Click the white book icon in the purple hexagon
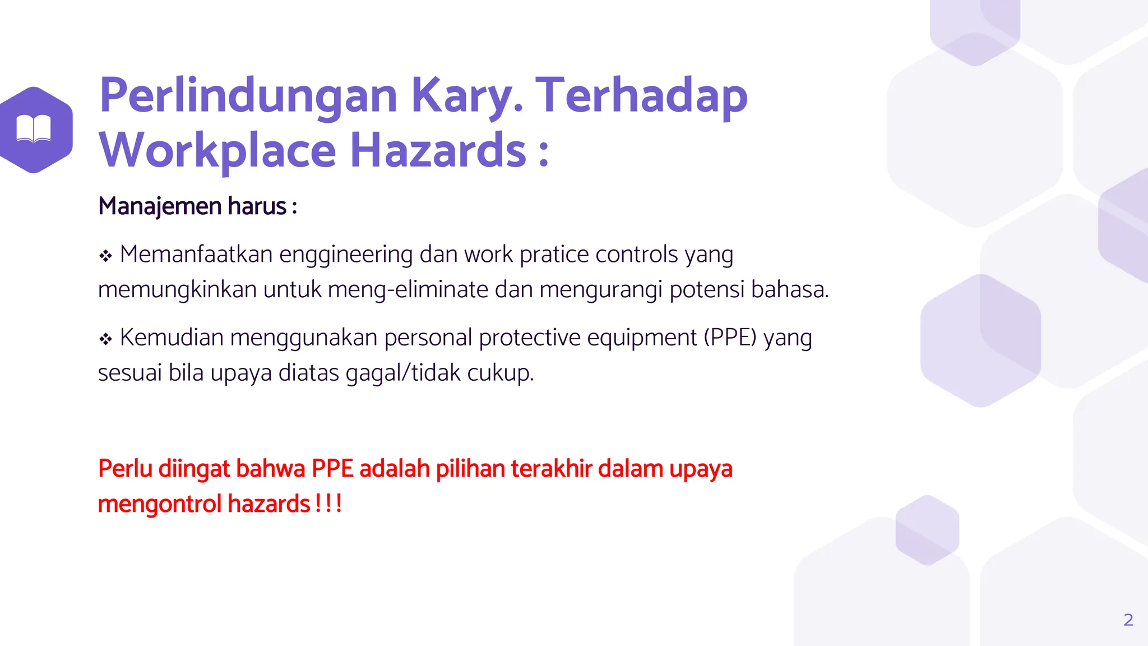34,129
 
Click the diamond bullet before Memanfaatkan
105,256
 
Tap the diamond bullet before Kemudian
105,339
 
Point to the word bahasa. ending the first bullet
790,290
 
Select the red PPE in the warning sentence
332,469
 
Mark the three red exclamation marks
328,504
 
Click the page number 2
1128,620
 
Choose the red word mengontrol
160,504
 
